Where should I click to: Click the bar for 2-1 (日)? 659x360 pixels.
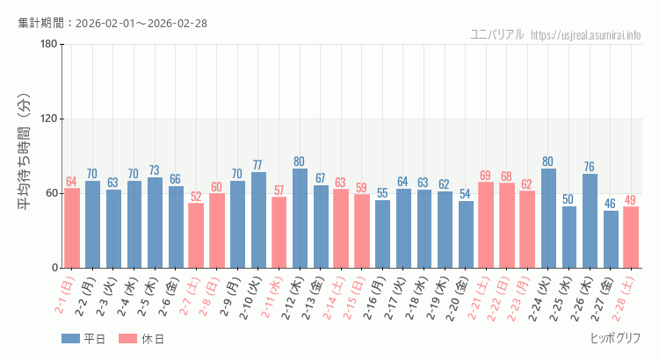[x=72, y=228]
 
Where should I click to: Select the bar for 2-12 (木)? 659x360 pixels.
[x=300, y=219]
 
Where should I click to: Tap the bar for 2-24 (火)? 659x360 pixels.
[x=548, y=219]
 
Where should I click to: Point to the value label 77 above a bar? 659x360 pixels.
[x=258, y=165]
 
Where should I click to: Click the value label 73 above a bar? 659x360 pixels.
[x=155, y=170]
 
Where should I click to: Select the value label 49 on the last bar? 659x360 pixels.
[x=631, y=200]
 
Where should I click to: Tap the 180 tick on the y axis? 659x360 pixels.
[x=48, y=45]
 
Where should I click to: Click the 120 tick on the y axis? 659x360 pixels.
[x=48, y=119]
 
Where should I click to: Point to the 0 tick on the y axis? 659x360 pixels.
[x=54, y=268]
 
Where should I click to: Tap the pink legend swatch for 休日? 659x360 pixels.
[x=128, y=339]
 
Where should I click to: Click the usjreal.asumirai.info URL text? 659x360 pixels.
[x=586, y=35]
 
